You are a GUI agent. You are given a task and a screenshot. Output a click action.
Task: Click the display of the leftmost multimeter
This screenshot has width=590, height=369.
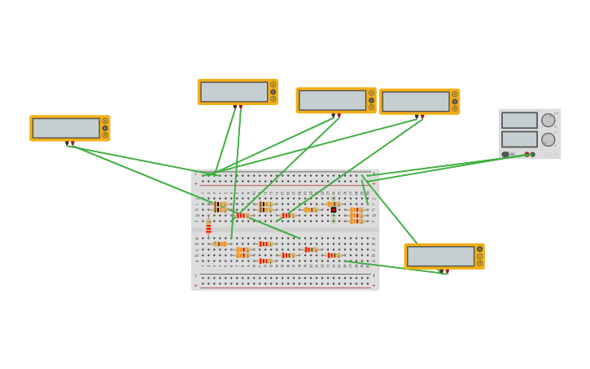[66, 128]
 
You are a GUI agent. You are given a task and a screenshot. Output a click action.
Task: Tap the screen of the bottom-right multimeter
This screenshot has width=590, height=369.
[440, 256]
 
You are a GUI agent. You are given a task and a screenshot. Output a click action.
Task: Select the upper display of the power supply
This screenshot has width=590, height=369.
[519, 120]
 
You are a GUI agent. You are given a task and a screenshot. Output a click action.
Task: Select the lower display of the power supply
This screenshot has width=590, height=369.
[519, 139]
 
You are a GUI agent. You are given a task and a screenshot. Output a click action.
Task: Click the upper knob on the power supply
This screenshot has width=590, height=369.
[548, 120]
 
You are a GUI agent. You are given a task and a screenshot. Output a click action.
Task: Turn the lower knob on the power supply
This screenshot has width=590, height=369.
[548, 139]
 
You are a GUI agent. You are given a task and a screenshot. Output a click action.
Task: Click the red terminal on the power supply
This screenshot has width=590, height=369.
[527, 154]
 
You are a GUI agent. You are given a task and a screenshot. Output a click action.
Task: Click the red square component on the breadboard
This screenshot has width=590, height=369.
[334, 210]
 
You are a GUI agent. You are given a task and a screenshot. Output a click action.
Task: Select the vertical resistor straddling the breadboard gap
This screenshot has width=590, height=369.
[208, 228]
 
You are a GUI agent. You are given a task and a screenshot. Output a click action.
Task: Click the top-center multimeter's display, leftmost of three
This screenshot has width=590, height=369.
[234, 92]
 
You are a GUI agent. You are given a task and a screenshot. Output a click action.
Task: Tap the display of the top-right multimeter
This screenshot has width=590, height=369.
[416, 102]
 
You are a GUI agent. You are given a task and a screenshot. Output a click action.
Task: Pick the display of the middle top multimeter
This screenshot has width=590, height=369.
[332, 100]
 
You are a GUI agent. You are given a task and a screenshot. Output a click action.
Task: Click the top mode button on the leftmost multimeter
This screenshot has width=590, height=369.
[105, 121]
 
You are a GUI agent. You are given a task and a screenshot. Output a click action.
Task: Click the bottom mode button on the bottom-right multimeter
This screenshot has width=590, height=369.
[479, 263]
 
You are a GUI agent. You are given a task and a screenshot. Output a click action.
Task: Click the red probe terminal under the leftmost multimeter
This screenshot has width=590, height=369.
[72, 143]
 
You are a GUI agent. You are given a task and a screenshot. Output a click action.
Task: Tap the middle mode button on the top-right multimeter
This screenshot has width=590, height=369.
[455, 102]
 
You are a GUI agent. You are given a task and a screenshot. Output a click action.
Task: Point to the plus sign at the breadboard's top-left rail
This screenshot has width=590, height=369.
[195, 183]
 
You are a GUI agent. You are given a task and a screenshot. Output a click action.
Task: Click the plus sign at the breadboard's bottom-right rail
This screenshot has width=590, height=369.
[374, 285]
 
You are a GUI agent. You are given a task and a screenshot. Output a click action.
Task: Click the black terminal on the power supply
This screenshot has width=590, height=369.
[533, 154]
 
